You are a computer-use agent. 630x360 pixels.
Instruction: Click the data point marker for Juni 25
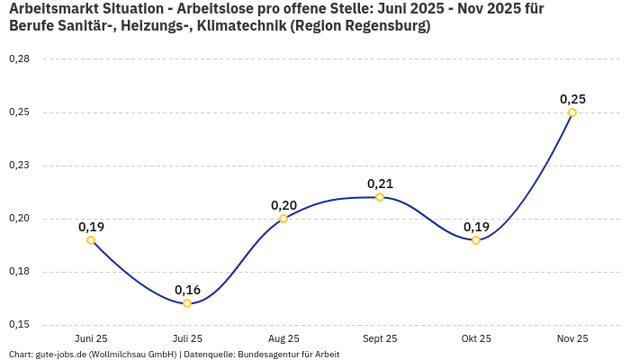coord(91,240)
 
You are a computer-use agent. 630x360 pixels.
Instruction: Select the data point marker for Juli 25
coord(187,303)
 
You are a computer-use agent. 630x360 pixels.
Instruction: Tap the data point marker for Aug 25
coord(283,219)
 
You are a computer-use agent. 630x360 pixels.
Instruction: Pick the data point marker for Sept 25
coord(380,197)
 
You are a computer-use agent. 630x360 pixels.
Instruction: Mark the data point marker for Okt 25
coord(476,240)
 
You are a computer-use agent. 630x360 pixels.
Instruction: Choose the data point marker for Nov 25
coord(572,112)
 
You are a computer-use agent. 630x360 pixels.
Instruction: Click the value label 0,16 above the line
coord(187,290)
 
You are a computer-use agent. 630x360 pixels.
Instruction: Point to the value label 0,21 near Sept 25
coord(380,184)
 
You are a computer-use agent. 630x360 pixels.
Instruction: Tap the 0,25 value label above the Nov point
coord(572,99)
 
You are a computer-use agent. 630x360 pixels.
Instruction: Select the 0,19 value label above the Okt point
coord(476,227)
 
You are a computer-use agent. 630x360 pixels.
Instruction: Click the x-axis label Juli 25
coord(187,338)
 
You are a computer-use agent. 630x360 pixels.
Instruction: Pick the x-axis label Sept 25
coord(380,338)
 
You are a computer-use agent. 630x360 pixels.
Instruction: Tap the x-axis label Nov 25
coord(572,338)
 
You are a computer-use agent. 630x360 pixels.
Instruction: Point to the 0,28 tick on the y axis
coord(19,59)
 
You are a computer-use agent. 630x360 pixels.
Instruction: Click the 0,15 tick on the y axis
coord(19,325)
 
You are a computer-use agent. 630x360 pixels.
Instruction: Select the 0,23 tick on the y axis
coord(19,166)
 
